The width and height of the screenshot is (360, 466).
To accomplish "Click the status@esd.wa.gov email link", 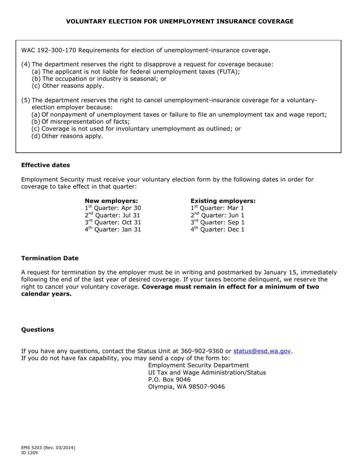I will (262, 351).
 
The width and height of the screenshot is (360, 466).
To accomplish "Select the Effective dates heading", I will (45, 165).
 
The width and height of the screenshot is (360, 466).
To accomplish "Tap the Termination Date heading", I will (50, 258).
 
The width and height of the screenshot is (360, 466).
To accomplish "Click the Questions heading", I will (38, 330).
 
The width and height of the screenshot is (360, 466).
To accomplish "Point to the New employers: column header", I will (111, 201).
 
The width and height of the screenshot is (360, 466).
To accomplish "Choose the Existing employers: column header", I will (223, 201).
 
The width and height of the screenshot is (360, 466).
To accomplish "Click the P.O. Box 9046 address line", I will (169, 380).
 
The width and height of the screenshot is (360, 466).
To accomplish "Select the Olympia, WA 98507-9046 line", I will (186, 387).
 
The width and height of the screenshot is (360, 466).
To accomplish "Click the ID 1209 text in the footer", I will (30, 453).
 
